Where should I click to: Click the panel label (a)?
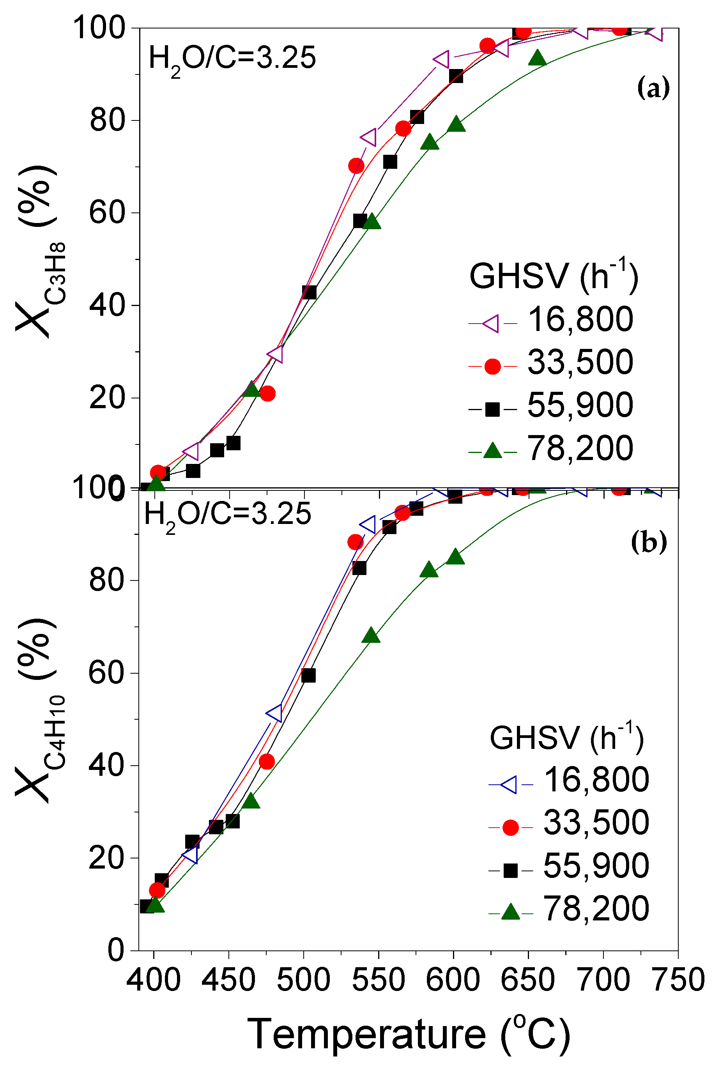(653, 88)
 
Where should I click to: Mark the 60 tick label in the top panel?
(107, 213)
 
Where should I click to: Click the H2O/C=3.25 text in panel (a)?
(232, 59)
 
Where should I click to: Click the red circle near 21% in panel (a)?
(268, 393)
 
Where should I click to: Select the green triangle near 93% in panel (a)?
(538, 58)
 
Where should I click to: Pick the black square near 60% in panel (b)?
(308, 676)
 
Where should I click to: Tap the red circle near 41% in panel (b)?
(267, 761)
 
